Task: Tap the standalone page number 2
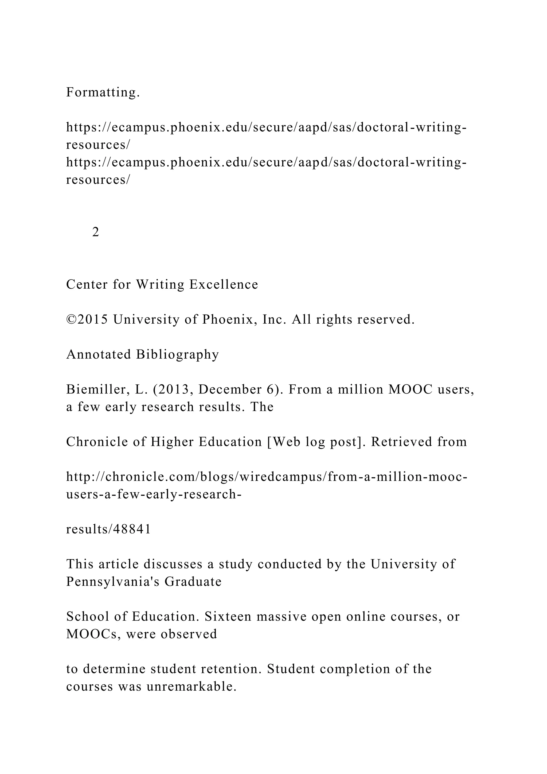pos(96,232)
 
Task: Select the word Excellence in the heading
pos(224,285)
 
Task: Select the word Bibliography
pos(178,355)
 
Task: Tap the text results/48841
pos(108,530)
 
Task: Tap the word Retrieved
pos(394,442)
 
